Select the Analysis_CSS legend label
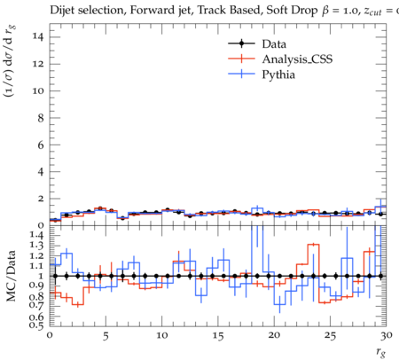point(297,59)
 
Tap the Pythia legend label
point(278,74)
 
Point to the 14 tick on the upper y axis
point(37,37)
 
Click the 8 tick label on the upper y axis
point(40,118)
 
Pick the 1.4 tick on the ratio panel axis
point(36,235)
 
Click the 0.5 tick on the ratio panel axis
point(36,325)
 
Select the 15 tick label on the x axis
point(218,336)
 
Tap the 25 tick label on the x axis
point(330,336)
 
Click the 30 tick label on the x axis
point(387,336)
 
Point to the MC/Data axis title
point(11,276)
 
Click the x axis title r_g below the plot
point(381,352)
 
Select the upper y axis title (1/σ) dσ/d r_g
point(10,61)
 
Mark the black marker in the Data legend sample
point(242,43)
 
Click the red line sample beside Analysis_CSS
point(241,59)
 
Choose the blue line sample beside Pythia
point(241,74)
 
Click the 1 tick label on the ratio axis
point(41,276)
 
